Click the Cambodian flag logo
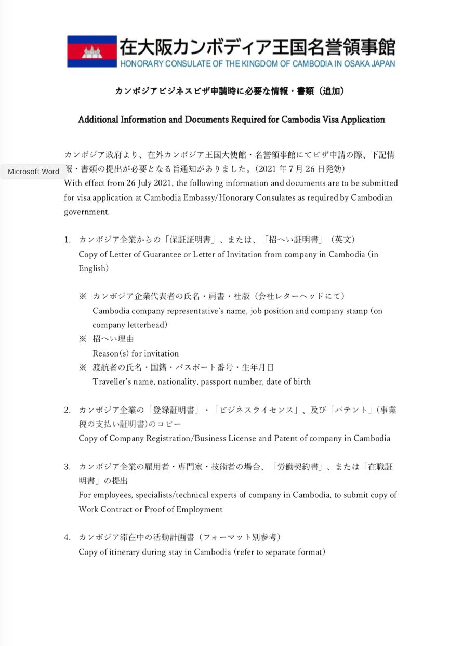(x=92, y=51)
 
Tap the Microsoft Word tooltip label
(x=33, y=172)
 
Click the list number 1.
(x=67, y=240)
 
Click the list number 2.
(x=67, y=410)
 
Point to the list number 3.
(x=67, y=467)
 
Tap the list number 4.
(x=67, y=537)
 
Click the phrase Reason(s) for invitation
(x=136, y=353)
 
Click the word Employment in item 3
(x=200, y=509)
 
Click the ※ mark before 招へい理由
(x=82, y=339)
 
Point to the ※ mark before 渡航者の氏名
(x=82, y=367)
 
